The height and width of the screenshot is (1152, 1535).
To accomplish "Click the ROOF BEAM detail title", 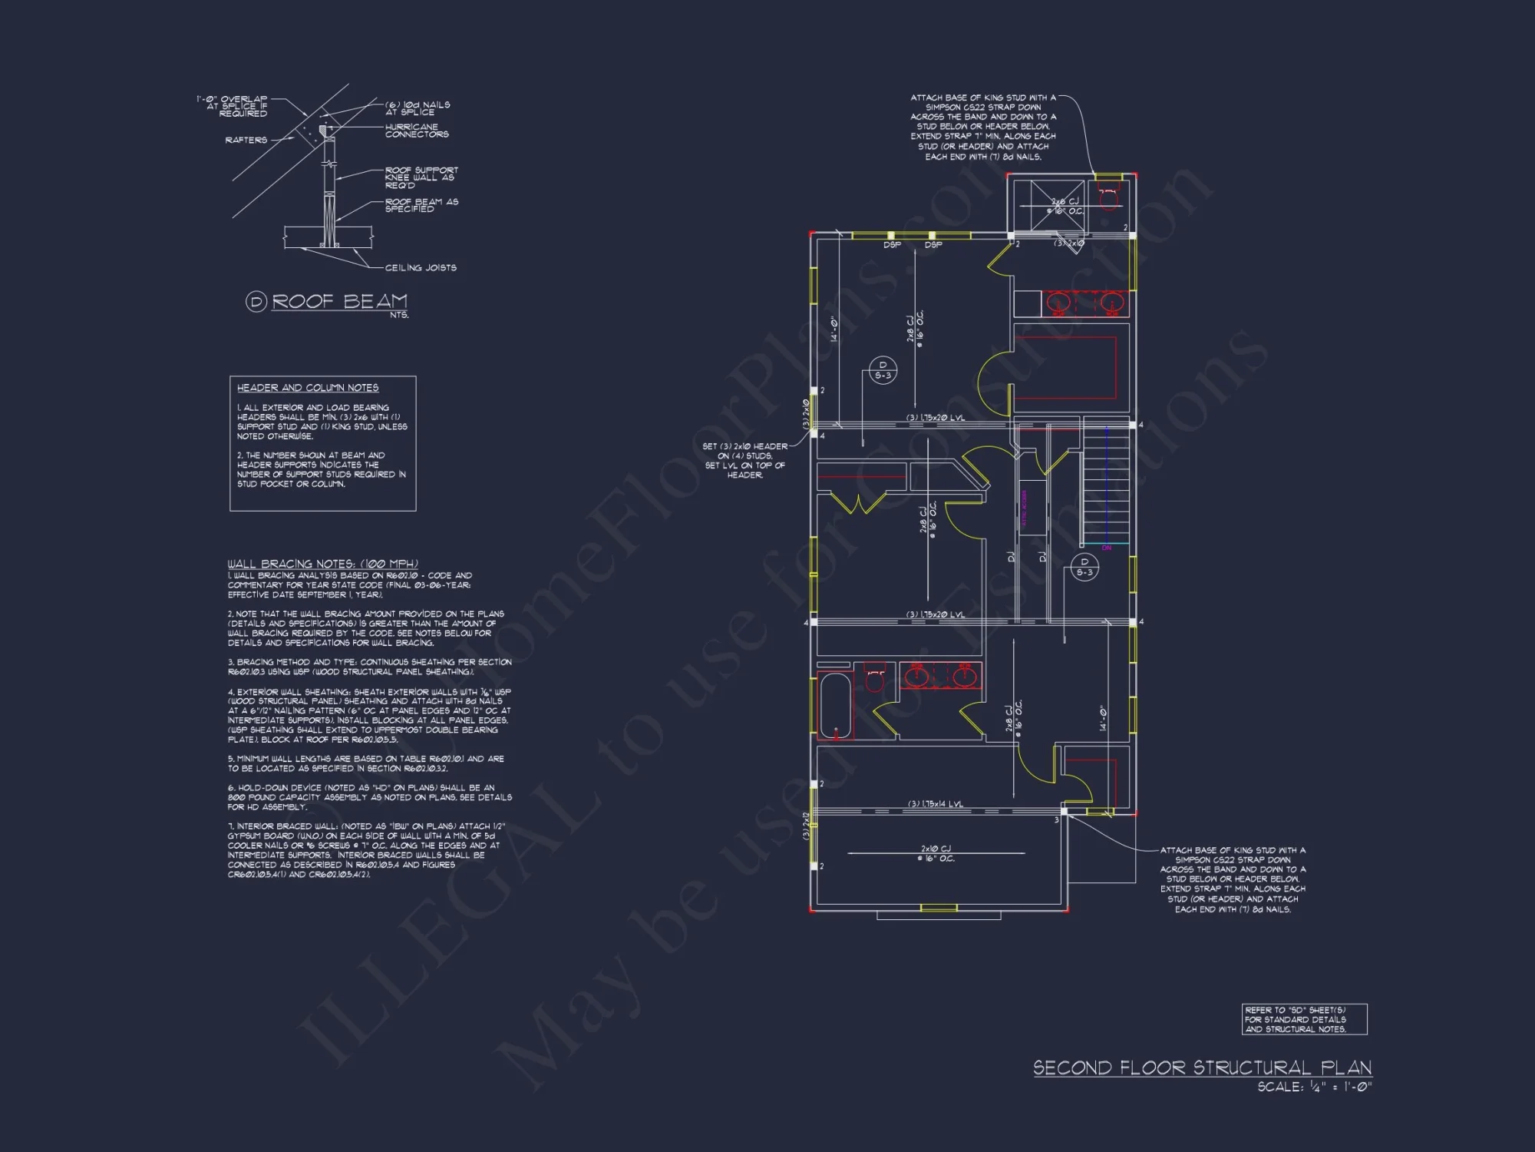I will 338,302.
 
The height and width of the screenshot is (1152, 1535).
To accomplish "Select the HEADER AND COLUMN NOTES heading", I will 307,388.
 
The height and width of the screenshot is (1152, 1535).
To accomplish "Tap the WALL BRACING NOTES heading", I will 322,564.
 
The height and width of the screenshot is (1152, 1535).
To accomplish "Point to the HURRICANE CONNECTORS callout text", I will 416,131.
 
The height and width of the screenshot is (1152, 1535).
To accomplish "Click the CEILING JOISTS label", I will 421,268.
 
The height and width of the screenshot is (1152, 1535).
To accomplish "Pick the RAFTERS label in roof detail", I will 246,141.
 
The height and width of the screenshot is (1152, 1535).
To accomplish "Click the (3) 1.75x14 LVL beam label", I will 935,804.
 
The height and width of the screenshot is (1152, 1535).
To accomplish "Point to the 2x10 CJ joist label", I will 936,853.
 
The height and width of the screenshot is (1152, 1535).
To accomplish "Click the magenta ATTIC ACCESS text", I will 1024,508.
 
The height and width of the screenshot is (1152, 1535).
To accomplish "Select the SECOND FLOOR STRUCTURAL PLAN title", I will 1202,1068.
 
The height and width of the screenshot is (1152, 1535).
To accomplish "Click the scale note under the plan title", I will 1314,1087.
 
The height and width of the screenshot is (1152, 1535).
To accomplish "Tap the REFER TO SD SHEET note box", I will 1304,1019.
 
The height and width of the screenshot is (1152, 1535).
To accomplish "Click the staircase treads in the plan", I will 1107,488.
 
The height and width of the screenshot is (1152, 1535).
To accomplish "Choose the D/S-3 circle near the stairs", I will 1084,567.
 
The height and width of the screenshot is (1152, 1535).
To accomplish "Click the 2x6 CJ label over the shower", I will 1065,206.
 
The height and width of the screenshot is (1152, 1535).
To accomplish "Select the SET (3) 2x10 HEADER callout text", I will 744,460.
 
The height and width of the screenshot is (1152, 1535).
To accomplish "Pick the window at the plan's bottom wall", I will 939,909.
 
